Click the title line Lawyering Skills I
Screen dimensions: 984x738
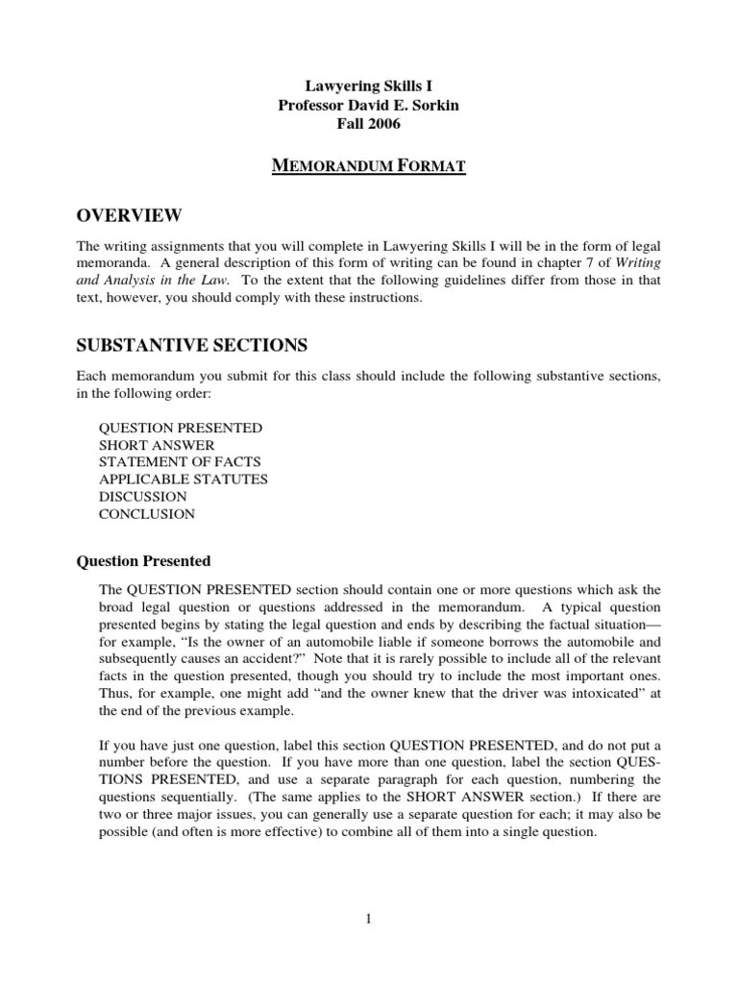click(368, 86)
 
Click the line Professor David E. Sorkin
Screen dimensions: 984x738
click(368, 105)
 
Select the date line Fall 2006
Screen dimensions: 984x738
click(368, 124)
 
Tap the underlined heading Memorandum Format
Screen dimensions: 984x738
click(368, 167)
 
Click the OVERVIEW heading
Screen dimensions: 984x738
click(128, 213)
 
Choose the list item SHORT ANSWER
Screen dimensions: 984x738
click(157, 445)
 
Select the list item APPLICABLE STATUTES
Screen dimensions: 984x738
click(184, 479)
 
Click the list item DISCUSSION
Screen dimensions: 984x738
click(143, 497)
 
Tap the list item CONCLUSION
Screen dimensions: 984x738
click(147, 514)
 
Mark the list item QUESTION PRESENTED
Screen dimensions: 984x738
click(181, 428)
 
